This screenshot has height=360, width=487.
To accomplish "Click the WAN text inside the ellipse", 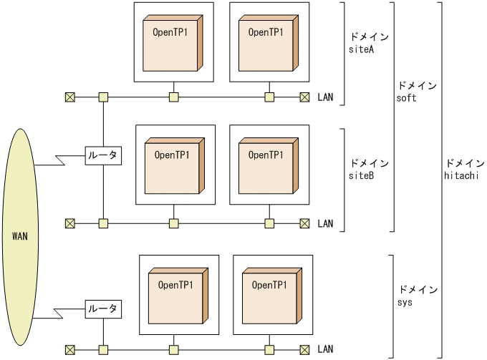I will click(20, 236).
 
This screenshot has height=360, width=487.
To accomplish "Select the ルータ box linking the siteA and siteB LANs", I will click(103, 155).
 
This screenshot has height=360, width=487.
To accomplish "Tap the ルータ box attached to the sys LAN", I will click(103, 309).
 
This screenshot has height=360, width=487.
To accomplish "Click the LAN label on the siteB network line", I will click(325, 223).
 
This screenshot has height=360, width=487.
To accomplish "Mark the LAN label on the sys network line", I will click(325, 349).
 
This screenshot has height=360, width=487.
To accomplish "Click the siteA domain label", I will click(367, 44).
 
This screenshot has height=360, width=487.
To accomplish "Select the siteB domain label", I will click(367, 169).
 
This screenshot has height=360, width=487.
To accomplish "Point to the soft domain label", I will click(416, 92).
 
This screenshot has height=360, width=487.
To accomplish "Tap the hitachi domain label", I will click(462, 169).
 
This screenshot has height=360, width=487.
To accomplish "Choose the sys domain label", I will click(416, 296).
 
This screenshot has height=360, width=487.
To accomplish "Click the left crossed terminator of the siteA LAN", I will click(69, 97).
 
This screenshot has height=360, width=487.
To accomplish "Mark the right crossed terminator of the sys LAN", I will click(304, 349).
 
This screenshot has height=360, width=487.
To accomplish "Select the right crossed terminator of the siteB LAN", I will click(304, 223).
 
